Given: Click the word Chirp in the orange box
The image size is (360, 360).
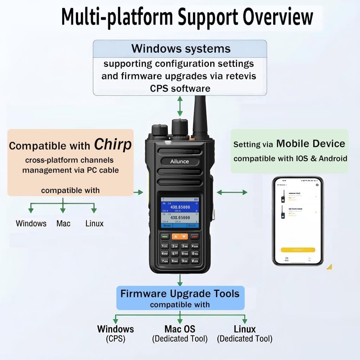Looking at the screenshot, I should tap(113, 144).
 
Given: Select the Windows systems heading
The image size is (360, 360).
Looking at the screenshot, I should tap(181, 49).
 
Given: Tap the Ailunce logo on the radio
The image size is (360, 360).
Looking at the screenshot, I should tap(180, 161).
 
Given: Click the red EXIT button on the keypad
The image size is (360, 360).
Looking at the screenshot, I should tap(194, 237).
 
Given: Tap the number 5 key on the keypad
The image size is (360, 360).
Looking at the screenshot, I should tap(175, 253).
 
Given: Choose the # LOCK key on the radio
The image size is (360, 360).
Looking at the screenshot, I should tap(195, 261).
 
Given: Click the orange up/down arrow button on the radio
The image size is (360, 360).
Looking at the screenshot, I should tap(180, 237).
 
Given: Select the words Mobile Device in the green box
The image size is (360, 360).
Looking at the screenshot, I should tap(310, 143).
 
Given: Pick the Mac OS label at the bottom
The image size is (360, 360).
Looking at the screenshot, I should tap(180, 329).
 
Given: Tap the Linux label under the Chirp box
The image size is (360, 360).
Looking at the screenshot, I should tap(94, 223).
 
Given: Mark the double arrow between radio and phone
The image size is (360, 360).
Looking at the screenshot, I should tap(232, 192).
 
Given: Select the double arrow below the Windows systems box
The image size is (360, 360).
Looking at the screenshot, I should tap(180, 106).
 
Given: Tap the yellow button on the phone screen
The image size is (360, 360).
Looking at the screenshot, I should tap(298, 250).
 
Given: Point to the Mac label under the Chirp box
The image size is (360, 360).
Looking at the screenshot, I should tap(63, 223).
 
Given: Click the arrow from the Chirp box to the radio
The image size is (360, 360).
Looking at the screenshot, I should tap(139, 192).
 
